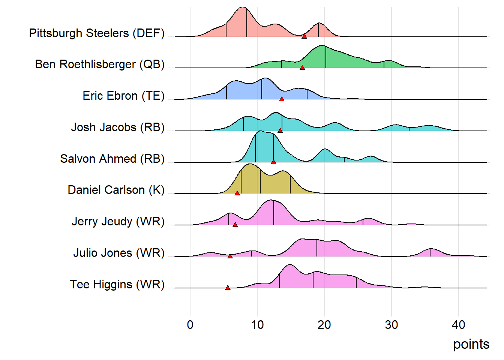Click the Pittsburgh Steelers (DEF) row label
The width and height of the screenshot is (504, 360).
coord(97,33)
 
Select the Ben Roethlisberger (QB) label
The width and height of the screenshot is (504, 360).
coord(100,64)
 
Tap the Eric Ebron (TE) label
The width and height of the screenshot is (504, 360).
coord(123,96)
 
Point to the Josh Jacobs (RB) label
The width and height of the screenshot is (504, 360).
coord(118,127)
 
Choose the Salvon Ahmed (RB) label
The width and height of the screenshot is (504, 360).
coord(112,159)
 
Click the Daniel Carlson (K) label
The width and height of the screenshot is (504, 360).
coord(116,190)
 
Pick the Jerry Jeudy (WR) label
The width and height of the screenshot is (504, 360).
coord(118,221)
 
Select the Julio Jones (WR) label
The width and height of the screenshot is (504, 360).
coord(119,253)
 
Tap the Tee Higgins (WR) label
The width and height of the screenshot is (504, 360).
coord(117,284)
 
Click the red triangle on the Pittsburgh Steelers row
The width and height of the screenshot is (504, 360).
coord(304,36)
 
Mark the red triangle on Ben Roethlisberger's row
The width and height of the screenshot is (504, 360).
coord(302,67)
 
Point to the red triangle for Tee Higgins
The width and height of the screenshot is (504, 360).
coord(228,288)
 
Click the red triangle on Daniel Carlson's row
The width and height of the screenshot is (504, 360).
coord(237,193)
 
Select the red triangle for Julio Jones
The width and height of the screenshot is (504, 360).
coord(230,256)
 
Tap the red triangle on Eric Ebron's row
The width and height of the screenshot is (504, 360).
coord(282,99)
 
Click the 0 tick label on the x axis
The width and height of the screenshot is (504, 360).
coord(190,325)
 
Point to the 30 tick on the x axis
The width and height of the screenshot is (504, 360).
coord(391,325)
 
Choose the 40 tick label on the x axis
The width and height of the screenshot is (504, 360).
coord(458,325)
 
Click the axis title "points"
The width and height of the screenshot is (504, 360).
coord(471,344)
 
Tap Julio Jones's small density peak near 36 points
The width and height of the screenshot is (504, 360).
coord(431,250)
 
